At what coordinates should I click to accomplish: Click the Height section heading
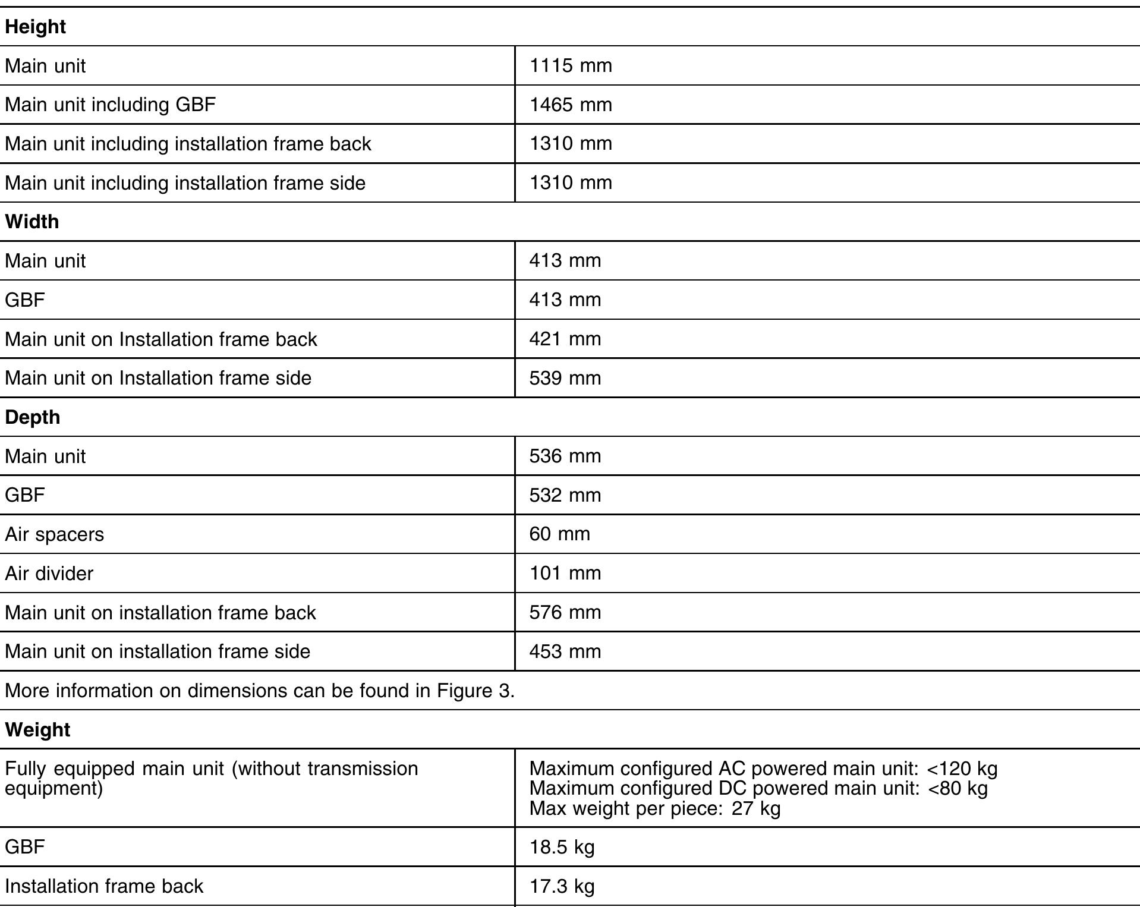pyautogui.click(x=35, y=27)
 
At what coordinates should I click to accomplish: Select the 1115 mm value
pyautogui.click(x=570, y=65)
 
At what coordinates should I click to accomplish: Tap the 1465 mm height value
pyautogui.click(x=570, y=105)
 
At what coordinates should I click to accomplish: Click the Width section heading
pyautogui.click(x=32, y=222)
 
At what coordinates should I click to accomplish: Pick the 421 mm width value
pyautogui.click(x=565, y=339)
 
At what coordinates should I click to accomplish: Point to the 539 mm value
pyautogui.click(x=565, y=378)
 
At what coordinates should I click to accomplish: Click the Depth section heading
pyautogui.click(x=33, y=417)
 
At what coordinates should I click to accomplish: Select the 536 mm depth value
pyautogui.click(x=565, y=456)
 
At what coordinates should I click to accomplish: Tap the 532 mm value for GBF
pyautogui.click(x=565, y=495)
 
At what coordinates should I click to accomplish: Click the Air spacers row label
pyautogui.click(x=54, y=534)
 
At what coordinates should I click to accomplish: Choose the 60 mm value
pyautogui.click(x=559, y=534)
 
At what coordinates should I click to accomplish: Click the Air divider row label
pyautogui.click(x=49, y=574)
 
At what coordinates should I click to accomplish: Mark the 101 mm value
pyautogui.click(x=565, y=573)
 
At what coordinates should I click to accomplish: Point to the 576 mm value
pyautogui.click(x=565, y=612)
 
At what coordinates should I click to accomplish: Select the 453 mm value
pyautogui.click(x=565, y=651)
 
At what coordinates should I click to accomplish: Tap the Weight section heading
pyautogui.click(x=37, y=730)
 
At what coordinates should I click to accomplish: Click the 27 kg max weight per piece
pyautogui.click(x=755, y=808)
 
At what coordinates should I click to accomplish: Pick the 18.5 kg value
pyautogui.click(x=562, y=847)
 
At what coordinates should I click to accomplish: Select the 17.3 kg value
pyautogui.click(x=562, y=886)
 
